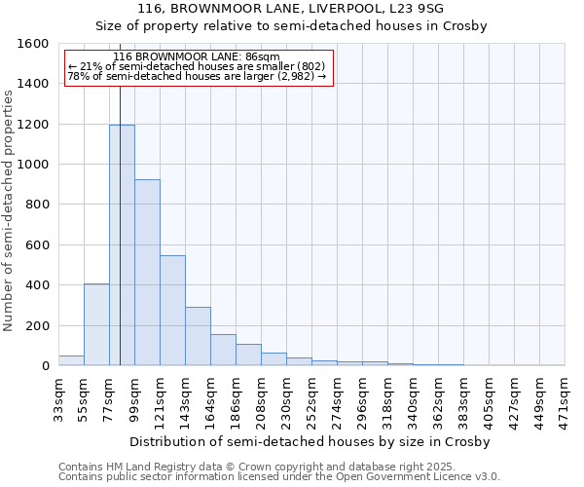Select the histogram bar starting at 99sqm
point(147,273)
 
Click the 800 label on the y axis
point(37,205)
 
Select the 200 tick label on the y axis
point(37,325)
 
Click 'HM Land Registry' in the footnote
point(143,467)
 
